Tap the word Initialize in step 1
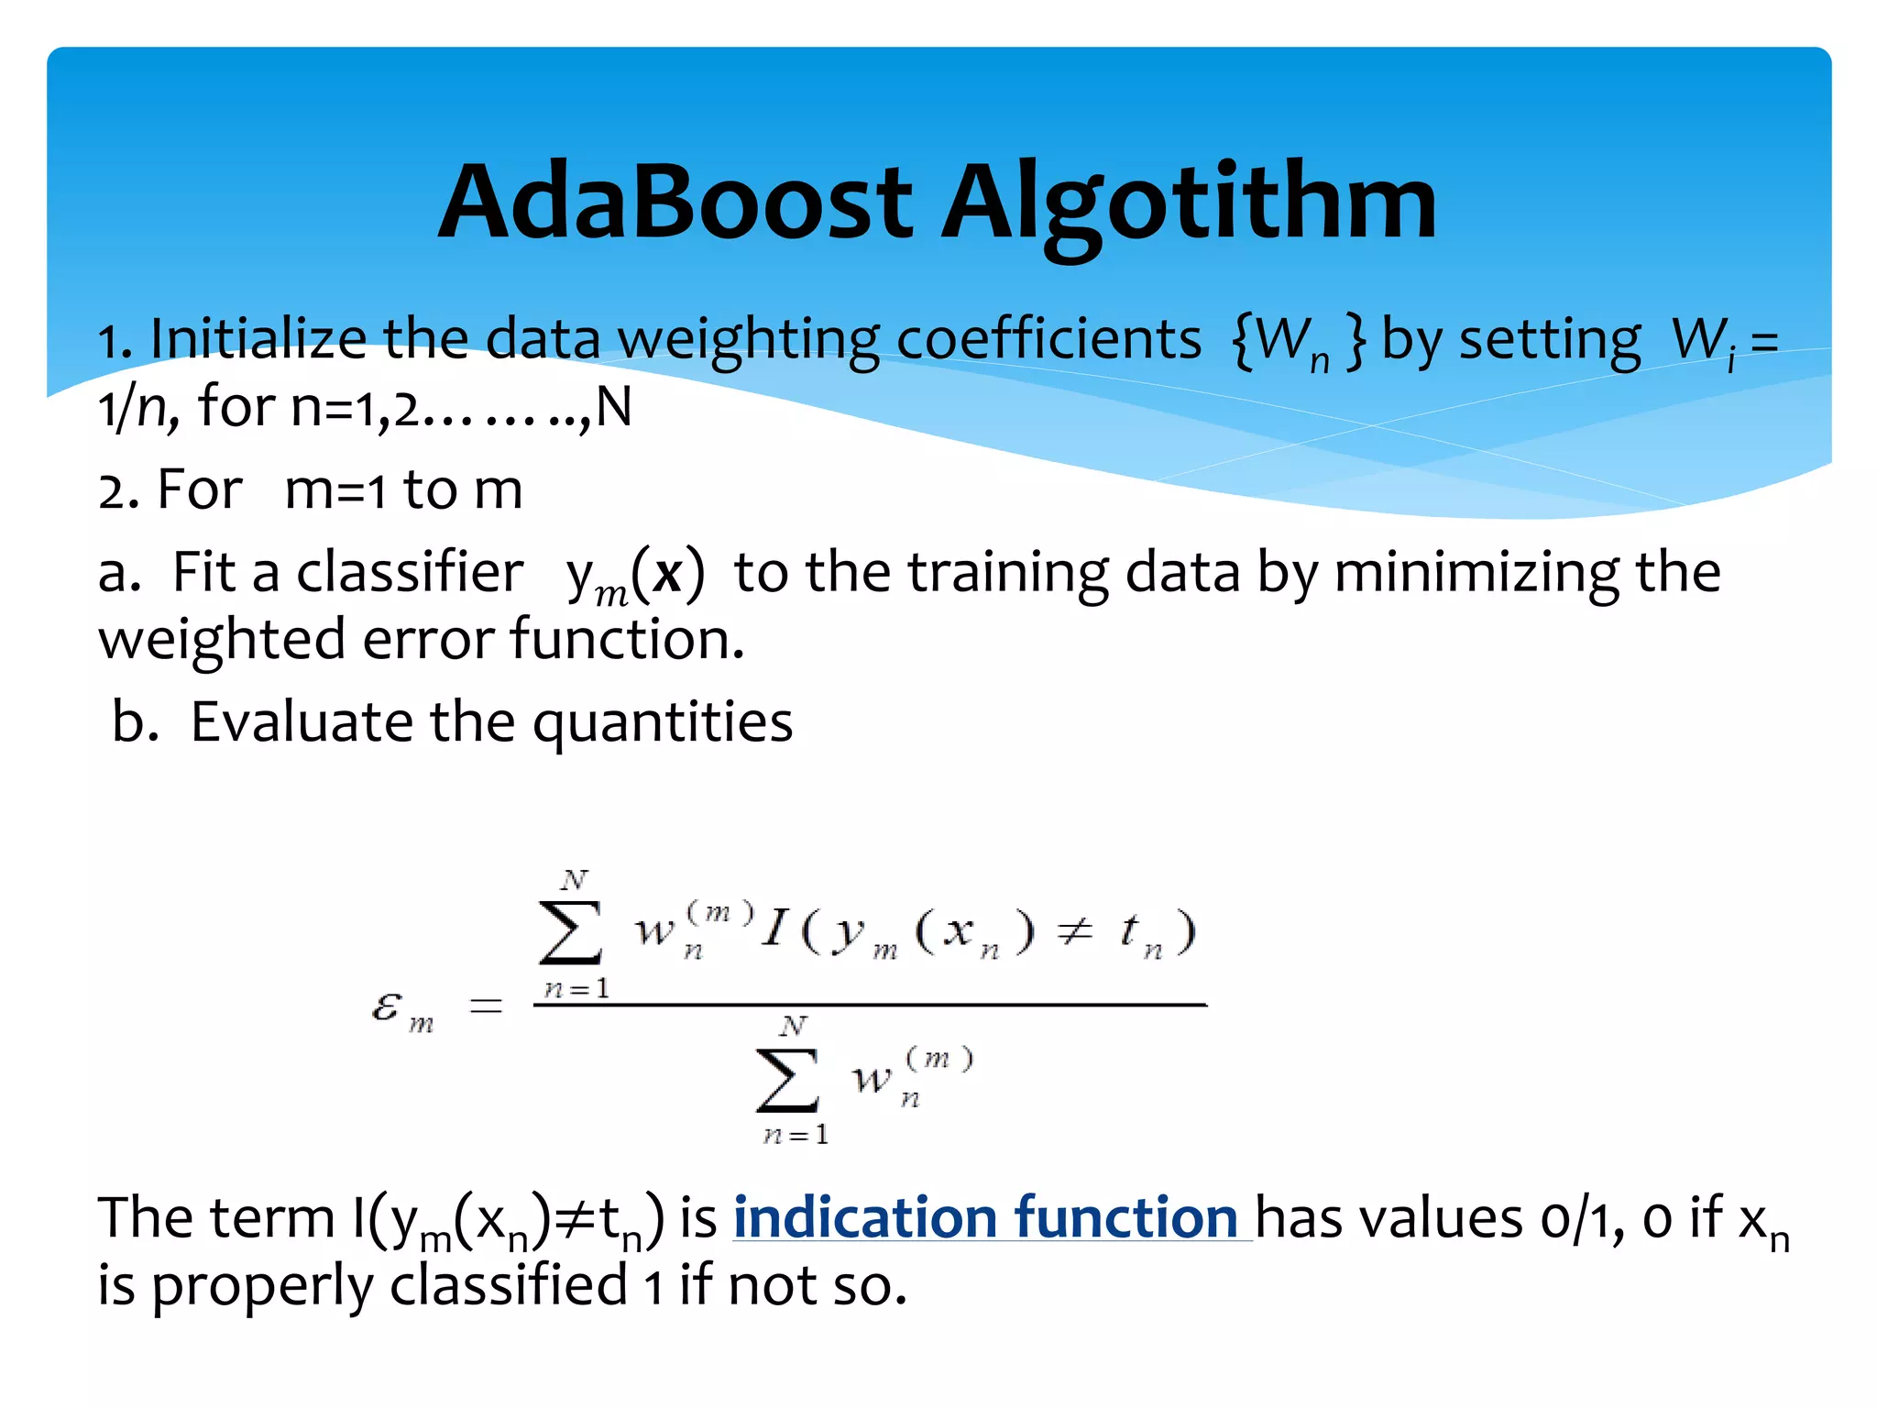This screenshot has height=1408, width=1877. tap(258, 340)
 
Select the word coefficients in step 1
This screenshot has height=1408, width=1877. tap(1048, 340)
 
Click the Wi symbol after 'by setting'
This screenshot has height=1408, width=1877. tap(1703, 342)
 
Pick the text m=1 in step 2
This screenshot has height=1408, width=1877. tap(335, 490)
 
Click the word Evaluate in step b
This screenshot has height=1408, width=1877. tap(302, 722)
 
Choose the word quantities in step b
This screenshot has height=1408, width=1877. tap(662, 724)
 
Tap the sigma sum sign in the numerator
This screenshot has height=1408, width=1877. tap(571, 932)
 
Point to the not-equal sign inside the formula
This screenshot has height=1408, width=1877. tap(1074, 932)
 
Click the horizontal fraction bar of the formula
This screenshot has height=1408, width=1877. tap(869, 1006)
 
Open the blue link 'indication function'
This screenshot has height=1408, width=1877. tap(985, 1219)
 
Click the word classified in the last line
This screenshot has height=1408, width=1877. tap(509, 1286)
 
